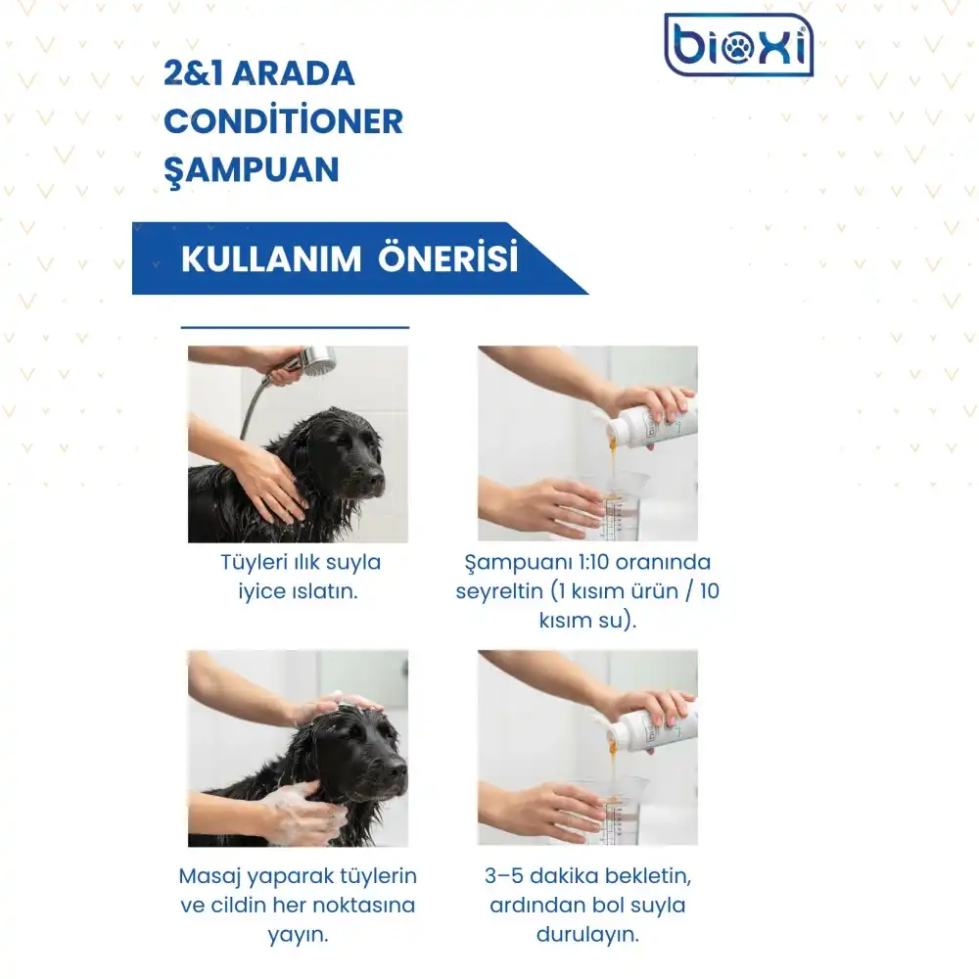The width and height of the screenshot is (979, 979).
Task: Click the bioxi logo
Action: (738, 45)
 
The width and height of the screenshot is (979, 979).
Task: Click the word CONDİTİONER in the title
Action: (284, 120)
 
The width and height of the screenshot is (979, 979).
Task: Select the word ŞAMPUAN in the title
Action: (252, 169)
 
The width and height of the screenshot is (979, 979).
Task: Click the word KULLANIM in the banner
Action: (271, 258)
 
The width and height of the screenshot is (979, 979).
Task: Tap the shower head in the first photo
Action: (318, 360)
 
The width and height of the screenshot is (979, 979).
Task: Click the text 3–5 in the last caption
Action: (504, 875)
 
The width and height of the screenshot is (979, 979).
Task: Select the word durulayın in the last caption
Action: (587, 935)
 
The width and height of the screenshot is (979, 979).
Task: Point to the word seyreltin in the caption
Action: (499, 591)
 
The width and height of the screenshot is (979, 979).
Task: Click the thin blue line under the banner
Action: (295, 327)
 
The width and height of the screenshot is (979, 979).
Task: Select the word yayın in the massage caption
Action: (298, 935)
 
